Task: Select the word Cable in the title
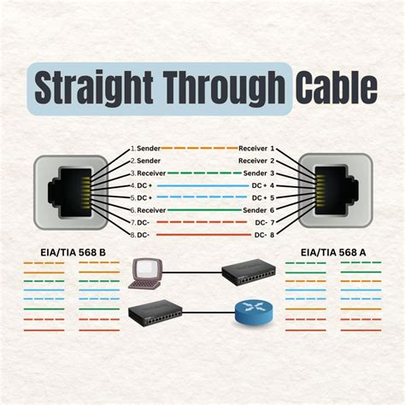[335, 87]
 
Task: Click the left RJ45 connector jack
[70, 191]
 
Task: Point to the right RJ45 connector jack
[336, 191]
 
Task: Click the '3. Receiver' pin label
[147, 173]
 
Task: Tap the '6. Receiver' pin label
[147, 209]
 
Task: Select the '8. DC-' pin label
[140, 234]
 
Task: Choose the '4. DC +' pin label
[142, 185]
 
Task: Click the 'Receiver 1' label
[257, 149]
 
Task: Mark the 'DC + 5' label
[263, 197]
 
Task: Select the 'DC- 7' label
[265, 222]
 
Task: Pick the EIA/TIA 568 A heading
[334, 253]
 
